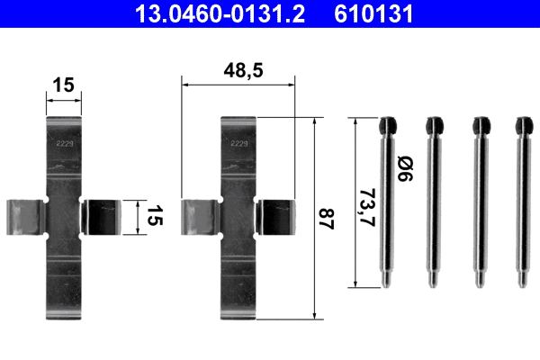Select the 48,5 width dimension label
[238, 68]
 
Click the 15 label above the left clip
[63, 85]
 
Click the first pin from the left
[388, 202]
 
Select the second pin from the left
[433, 202]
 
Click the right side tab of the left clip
[100, 220]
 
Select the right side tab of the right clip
[275, 220]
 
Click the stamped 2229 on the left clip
[64, 142]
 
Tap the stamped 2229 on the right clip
[239, 142]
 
